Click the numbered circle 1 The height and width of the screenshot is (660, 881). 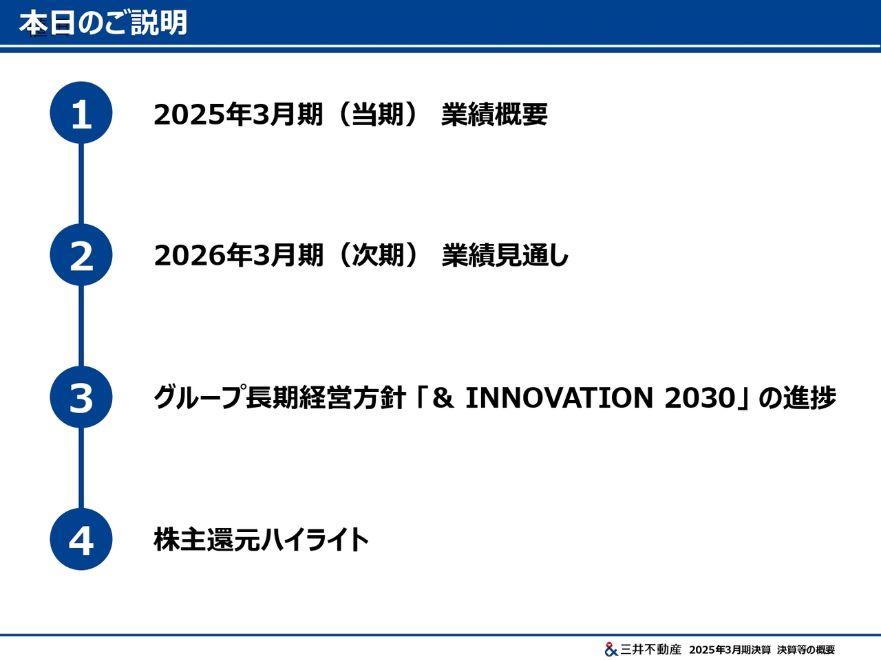[x=81, y=113]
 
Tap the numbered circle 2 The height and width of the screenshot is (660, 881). [x=81, y=255]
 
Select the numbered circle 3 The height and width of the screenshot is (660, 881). [x=81, y=397]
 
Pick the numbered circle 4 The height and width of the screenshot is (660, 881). [x=81, y=539]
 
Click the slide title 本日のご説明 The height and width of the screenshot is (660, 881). [x=103, y=23]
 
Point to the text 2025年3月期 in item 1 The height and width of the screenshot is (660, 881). [x=238, y=114]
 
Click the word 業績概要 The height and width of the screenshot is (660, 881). [x=494, y=114]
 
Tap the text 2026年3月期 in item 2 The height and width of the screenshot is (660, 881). [x=238, y=255]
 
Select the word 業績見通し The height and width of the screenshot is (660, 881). [x=505, y=255]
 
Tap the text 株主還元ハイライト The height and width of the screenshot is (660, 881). [x=262, y=540]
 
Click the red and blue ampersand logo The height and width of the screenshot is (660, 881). [x=611, y=649]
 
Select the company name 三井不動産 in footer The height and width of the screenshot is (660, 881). [x=651, y=649]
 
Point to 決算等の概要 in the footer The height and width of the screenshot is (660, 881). [x=806, y=650]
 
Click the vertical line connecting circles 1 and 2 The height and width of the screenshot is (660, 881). [x=81, y=184]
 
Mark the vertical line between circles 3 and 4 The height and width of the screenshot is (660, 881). [x=81, y=468]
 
